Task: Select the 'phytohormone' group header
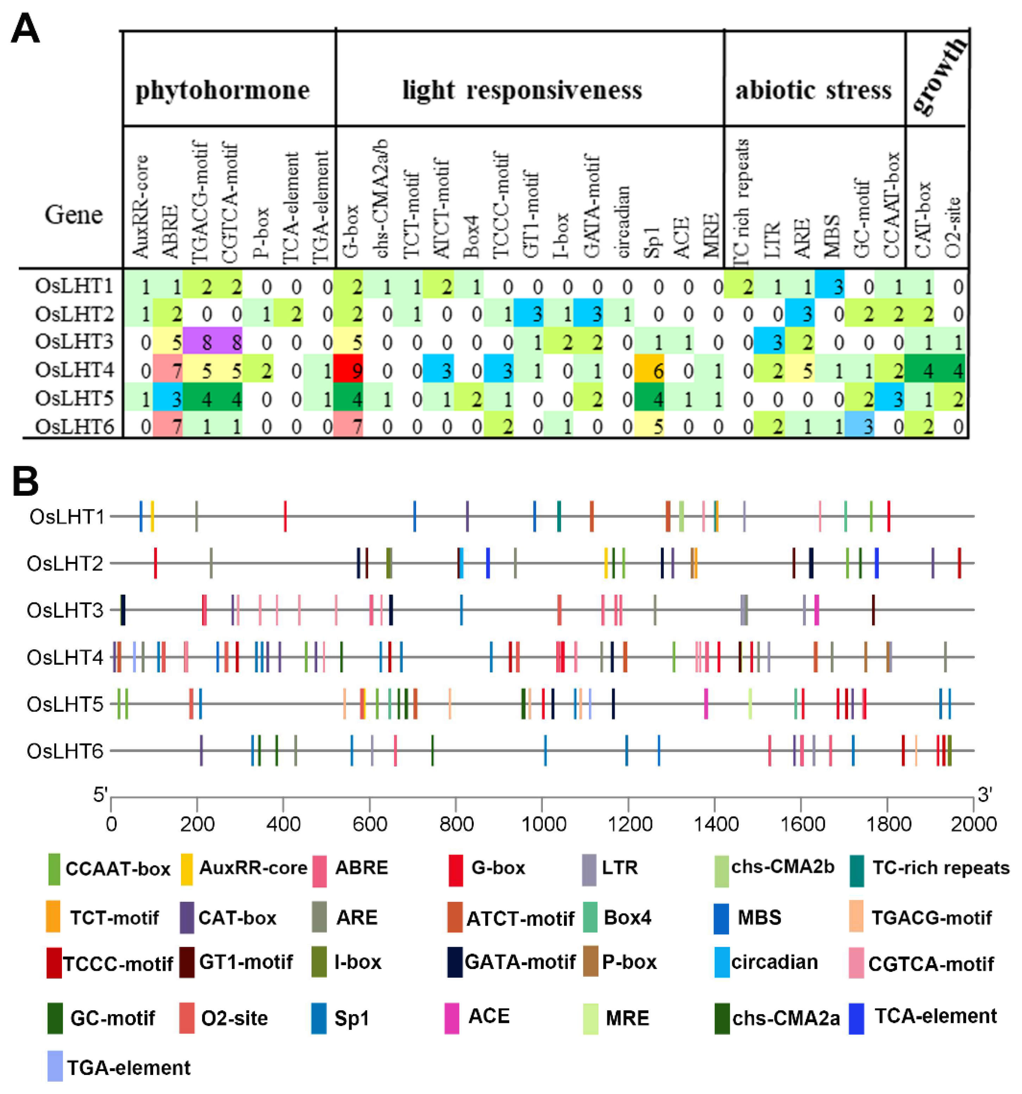pyautogui.click(x=222, y=90)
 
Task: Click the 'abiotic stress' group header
pyautogui.click(x=813, y=90)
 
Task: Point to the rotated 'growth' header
pyautogui.click(x=938, y=77)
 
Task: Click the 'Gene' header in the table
pyautogui.click(x=73, y=215)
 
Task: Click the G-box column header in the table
pyautogui.click(x=350, y=231)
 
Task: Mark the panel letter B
pyautogui.click(x=25, y=482)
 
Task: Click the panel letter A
pyautogui.click(x=25, y=30)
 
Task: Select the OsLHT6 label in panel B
pyautogui.click(x=65, y=751)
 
